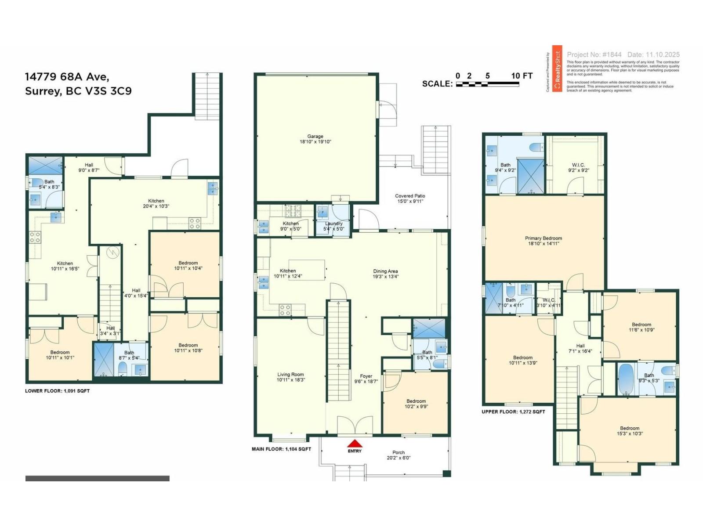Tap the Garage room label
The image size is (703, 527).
point(315,139)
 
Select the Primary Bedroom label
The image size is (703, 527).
point(544,241)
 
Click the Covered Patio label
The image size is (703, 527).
point(410,199)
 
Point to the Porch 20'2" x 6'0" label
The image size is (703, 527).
point(399,455)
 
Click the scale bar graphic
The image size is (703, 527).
point(487,84)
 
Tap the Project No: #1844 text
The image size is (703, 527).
point(594,55)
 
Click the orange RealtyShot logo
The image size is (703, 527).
point(557,69)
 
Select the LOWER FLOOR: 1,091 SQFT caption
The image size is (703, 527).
point(57,390)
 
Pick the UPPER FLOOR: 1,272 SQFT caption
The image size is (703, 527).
point(513,411)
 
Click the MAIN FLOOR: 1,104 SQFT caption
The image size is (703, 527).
point(281,449)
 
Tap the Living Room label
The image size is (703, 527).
point(290,377)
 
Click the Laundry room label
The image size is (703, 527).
point(333,226)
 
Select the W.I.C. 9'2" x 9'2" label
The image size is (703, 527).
point(579,168)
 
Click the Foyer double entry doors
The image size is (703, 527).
point(355,426)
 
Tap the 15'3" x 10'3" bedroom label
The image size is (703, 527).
point(630,431)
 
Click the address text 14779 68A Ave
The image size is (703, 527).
point(67,77)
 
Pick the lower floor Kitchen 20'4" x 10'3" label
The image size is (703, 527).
point(156,203)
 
